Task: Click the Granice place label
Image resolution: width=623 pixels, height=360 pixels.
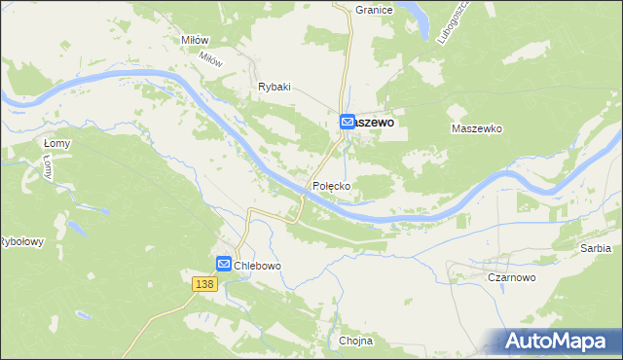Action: tap(374, 10)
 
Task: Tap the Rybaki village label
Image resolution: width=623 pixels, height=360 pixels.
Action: tap(275, 87)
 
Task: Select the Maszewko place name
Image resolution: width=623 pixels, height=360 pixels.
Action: tap(476, 128)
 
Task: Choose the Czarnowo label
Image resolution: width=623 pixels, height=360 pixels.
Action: tap(512, 277)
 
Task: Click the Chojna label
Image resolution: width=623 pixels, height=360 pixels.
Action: tap(356, 341)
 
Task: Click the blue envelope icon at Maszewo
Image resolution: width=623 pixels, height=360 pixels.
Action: tap(348, 123)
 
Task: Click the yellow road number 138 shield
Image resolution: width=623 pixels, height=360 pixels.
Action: tap(203, 283)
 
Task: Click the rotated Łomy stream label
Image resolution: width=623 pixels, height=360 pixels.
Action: tap(48, 168)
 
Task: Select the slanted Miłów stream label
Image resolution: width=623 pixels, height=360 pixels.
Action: tap(211, 58)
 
